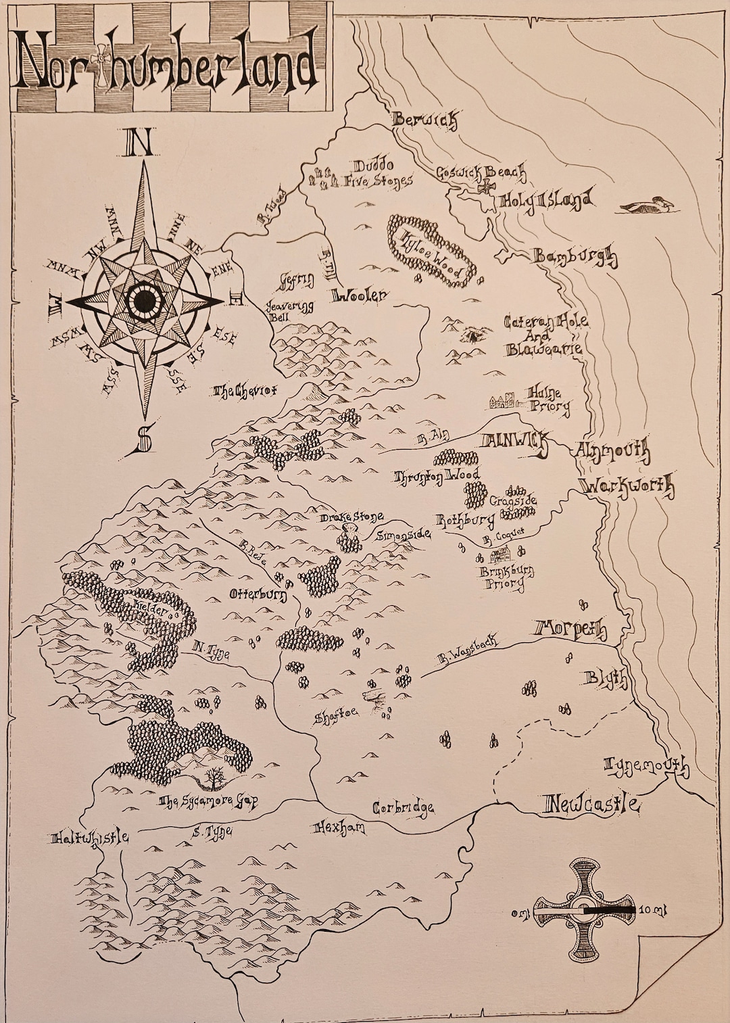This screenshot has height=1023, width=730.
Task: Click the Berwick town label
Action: [x=425, y=120]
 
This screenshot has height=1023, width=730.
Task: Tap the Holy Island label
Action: [x=546, y=201]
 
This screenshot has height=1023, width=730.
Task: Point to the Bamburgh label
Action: [x=575, y=257]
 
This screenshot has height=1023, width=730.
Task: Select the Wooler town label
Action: [x=360, y=295]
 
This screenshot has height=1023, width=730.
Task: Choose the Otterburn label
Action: [x=258, y=595]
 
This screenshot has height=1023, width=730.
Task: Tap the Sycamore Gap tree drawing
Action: [x=215, y=779]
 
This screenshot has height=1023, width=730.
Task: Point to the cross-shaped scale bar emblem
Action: [x=583, y=910]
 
